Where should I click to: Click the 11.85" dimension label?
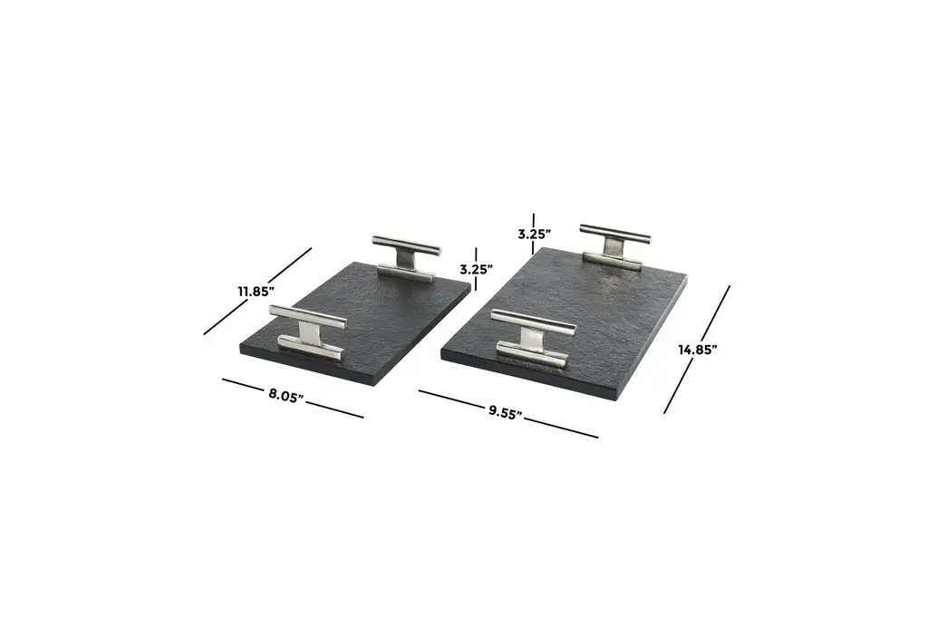click(x=256, y=291)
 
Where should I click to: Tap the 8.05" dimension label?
click(x=286, y=395)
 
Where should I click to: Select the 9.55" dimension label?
click(x=506, y=412)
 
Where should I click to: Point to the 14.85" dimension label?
click(x=698, y=350)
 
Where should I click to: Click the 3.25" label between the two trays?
click(x=477, y=269)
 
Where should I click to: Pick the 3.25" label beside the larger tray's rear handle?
click(x=535, y=235)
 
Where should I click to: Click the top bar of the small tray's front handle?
click(x=308, y=316)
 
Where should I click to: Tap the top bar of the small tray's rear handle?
click(x=407, y=245)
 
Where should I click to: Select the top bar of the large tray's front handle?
click(x=533, y=321)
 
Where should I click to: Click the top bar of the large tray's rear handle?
click(x=615, y=234)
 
